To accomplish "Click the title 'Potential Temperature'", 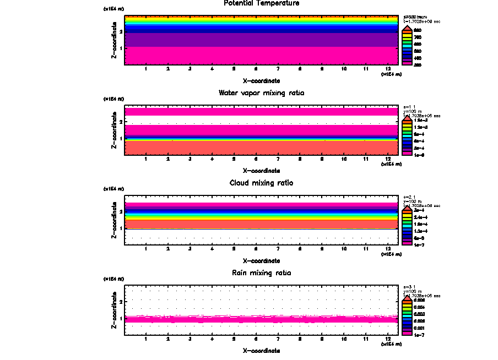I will click(x=262, y=3).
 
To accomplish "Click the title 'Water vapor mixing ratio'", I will click(x=262, y=93).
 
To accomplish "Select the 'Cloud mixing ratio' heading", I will click(x=262, y=183).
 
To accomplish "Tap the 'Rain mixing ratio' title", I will click(x=262, y=273).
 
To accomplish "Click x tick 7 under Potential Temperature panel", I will click(x=278, y=69).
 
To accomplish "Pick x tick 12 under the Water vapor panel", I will click(x=388, y=159).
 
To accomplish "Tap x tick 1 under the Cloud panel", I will click(x=146, y=249).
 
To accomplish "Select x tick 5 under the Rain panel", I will click(x=234, y=339).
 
